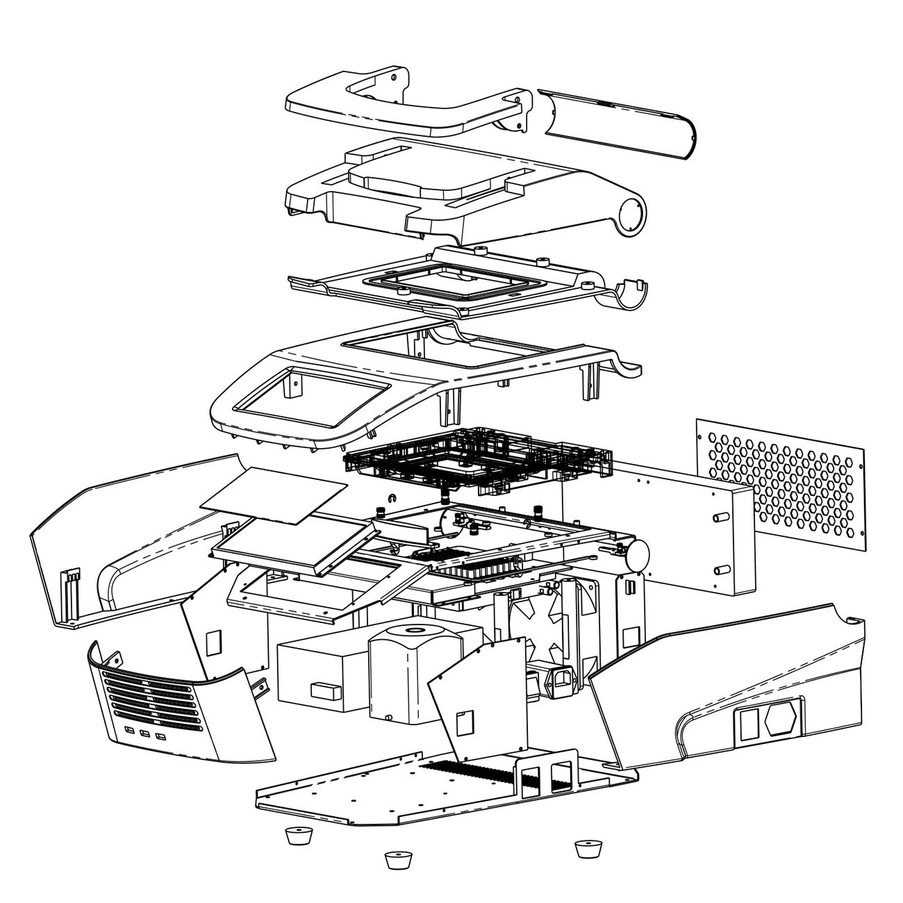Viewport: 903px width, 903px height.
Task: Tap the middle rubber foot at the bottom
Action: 395,861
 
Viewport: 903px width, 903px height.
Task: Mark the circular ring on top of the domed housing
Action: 417,631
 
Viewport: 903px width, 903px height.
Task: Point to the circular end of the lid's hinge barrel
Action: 629,215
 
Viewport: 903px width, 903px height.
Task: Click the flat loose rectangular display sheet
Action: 272,495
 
